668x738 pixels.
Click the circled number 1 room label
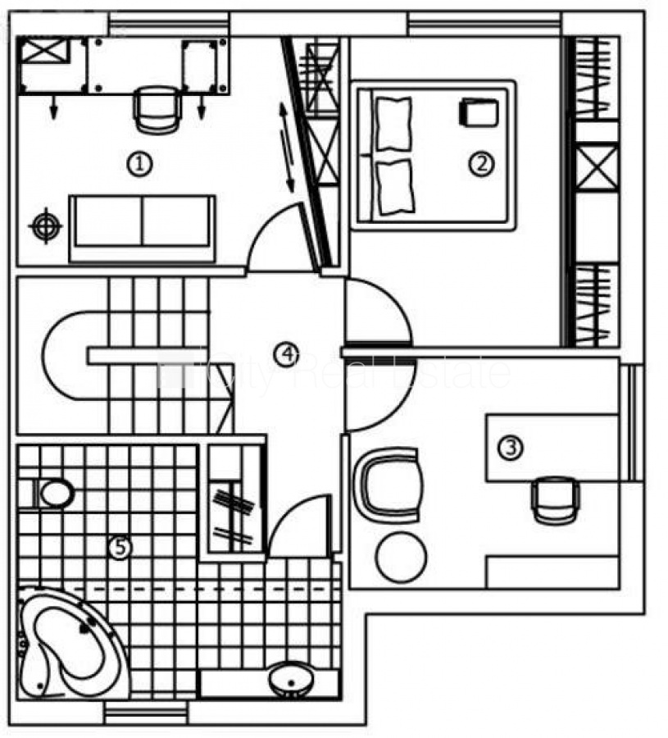(140, 164)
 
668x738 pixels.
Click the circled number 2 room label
(481, 164)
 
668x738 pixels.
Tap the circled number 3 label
(511, 448)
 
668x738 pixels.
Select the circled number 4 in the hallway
(286, 354)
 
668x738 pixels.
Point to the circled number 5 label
(120, 546)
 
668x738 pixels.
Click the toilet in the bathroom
(51, 494)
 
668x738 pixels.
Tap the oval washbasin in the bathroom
(288, 679)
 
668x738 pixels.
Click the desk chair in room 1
(156, 108)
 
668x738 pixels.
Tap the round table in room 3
(401, 558)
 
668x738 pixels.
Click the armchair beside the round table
(389, 484)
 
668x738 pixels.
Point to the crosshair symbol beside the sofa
(45, 225)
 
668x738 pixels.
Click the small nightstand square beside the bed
(478, 112)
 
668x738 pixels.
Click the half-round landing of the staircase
(66, 354)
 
